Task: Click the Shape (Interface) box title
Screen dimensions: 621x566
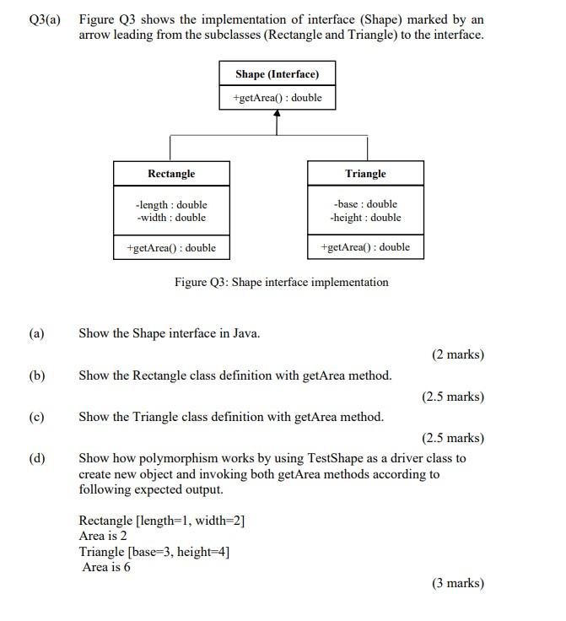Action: point(277,74)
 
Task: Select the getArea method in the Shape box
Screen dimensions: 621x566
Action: point(277,98)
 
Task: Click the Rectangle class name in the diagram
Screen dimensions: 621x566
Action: point(171,174)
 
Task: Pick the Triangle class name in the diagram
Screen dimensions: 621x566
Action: point(365,174)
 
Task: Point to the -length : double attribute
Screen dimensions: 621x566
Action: point(171,204)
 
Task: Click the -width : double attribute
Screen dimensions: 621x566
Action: point(171,218)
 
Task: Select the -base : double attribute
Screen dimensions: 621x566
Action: point(365,204)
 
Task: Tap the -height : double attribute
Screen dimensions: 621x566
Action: point(365,218)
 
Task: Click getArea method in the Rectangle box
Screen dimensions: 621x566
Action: point(171,248)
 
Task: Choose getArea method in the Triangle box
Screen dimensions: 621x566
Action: point(365,247)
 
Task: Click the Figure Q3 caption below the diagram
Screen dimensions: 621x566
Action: point(282,283)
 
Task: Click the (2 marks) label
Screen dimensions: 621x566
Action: point(458,354)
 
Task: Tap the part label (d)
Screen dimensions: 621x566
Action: point(36,459)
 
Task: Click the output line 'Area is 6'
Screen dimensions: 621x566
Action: point(106,567)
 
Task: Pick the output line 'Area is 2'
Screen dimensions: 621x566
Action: point(103,536)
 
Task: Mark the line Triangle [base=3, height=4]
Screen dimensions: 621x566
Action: point(154,552)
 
